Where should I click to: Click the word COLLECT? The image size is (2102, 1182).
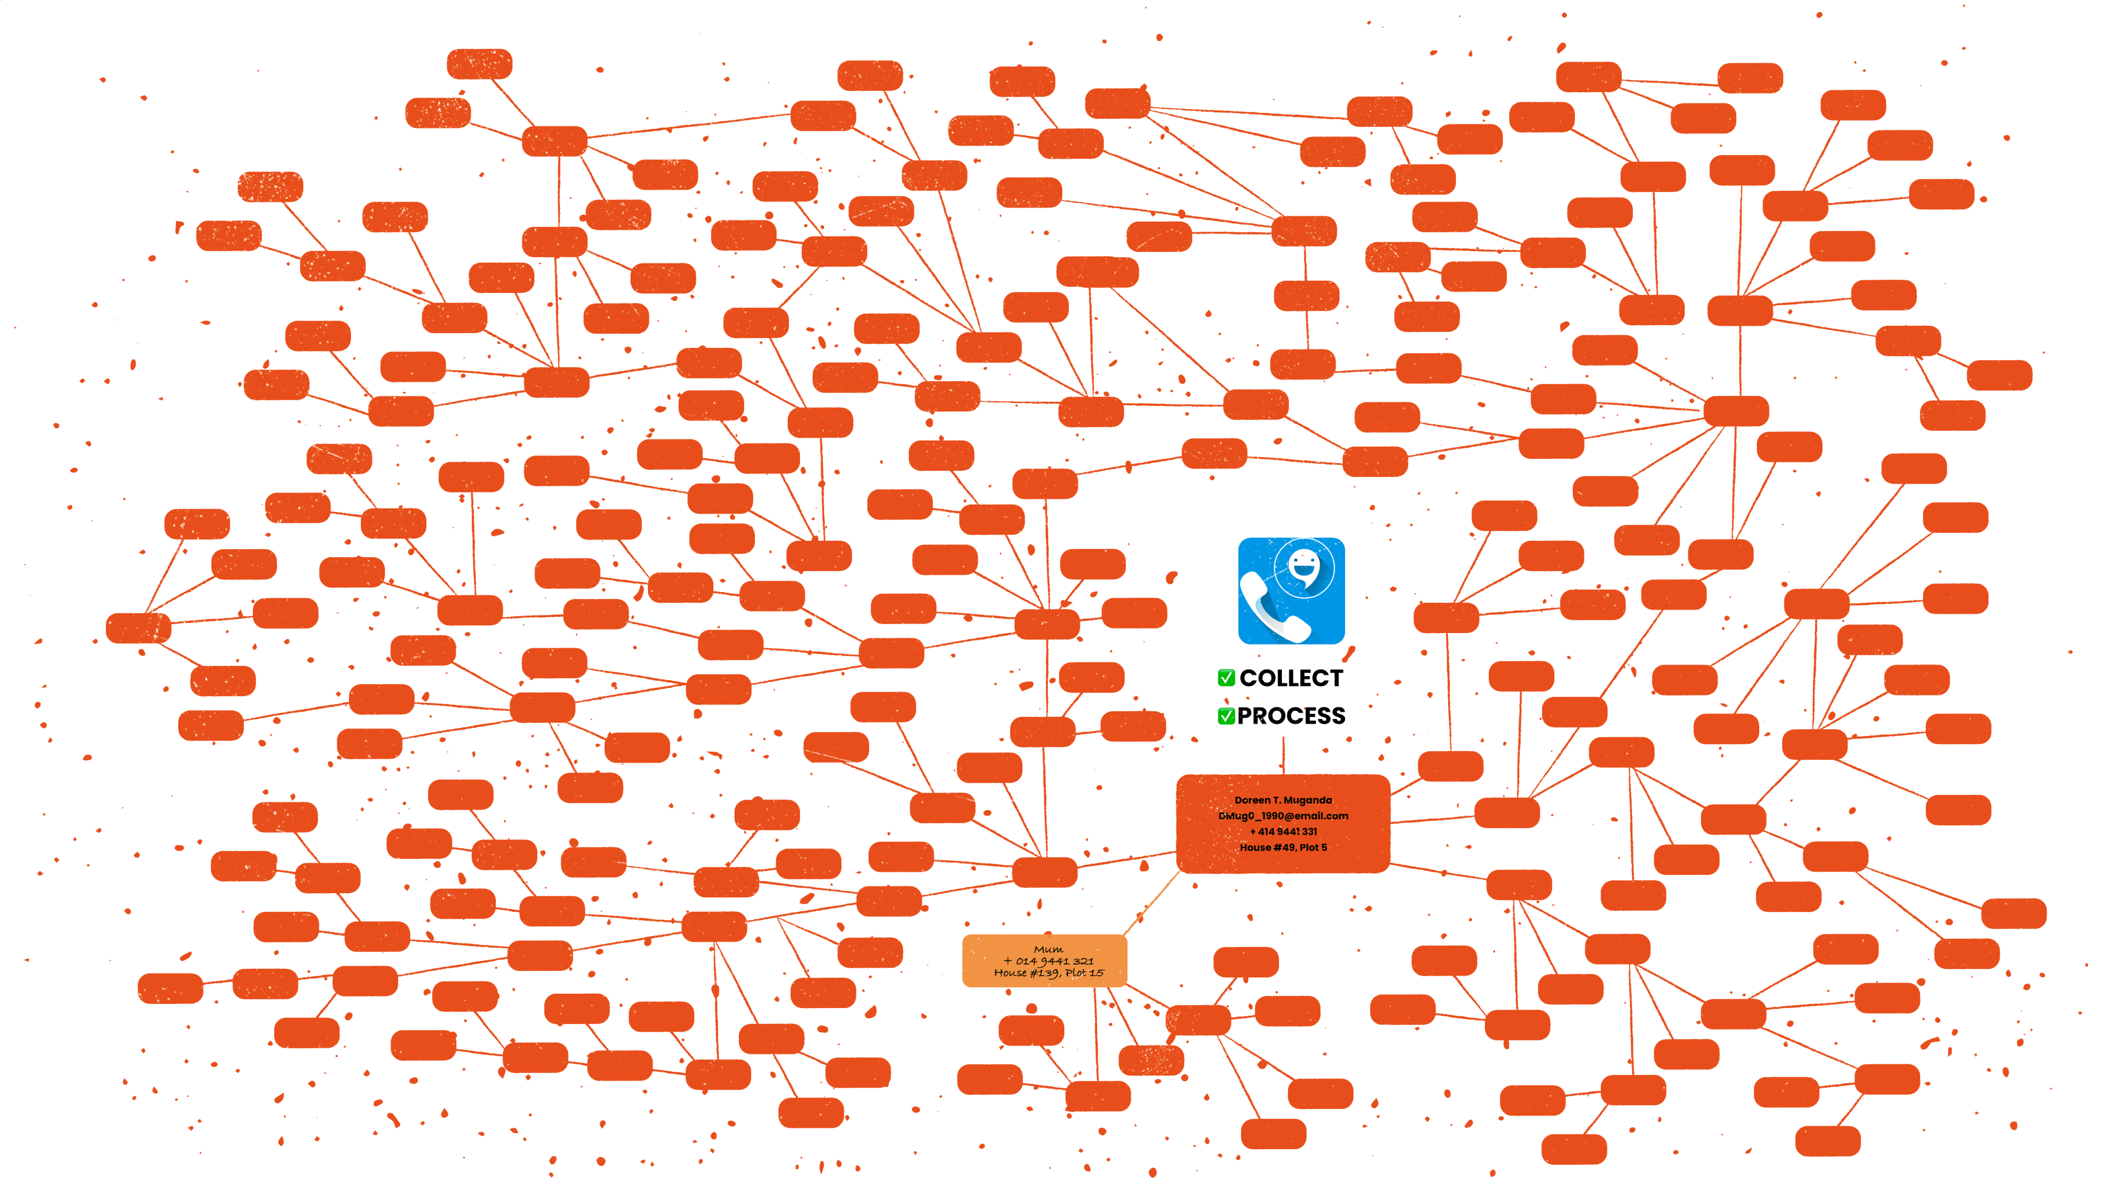[x=1290, y=678]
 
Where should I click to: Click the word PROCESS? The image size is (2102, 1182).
[x=1291, y=715]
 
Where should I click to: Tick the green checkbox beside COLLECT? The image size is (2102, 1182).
[x=1225, y=677]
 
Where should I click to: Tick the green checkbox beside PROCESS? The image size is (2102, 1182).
[x=1225, y=715]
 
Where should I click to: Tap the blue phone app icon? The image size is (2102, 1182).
[x=1291, y=590]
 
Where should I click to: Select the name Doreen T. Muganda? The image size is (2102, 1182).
[x=1283, y=800]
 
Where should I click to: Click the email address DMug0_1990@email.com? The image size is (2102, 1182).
[x=1283, y=816]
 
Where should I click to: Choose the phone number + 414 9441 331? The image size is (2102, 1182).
[x=1283, y=831]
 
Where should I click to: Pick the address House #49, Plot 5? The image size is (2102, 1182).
[x=1283, y=848]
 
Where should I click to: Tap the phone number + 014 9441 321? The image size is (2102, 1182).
[x=1048, y=961]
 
